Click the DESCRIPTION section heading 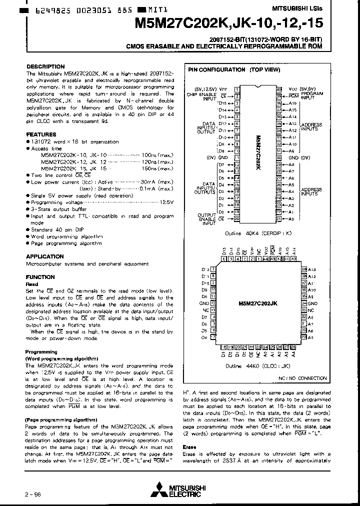coord(45,66)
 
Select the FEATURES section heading coord(41,134)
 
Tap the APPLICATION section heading coord(45,256)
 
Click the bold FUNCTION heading coord(40,277)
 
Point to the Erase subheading coord(189,446)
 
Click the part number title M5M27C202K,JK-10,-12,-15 coord(228,22)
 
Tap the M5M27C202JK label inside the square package coord(258,303)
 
